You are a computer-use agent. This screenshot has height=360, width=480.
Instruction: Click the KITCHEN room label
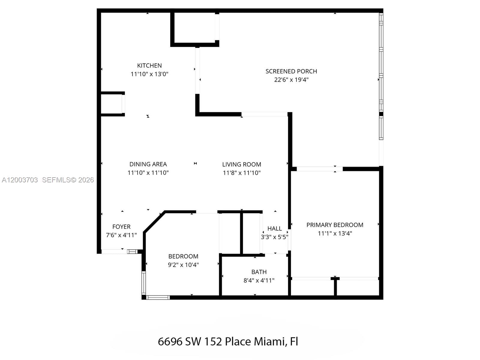[149, 65]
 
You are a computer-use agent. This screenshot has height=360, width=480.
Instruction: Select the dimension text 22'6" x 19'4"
[291, 80]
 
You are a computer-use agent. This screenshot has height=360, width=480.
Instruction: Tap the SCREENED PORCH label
[291, 71]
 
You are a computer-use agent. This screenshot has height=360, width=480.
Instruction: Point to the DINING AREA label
[148, 164]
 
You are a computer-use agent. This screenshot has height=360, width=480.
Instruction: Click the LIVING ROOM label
[241, 164]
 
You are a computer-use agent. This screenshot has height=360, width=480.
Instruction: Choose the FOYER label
[121, 227]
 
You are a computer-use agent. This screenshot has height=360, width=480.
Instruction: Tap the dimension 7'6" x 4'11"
[121, 235]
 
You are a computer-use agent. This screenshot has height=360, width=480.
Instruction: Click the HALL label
[274, 229]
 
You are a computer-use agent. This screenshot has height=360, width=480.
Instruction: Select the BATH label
[259, 272]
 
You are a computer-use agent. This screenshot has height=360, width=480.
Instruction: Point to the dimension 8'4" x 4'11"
[259, 280]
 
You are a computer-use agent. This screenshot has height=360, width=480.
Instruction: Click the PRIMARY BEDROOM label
[335, 225]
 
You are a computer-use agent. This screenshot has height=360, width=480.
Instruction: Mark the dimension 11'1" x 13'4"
[335, 233]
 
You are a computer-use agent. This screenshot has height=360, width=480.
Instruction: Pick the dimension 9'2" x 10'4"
[183, 265]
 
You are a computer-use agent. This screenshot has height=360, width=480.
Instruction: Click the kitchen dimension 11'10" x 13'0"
[149, 74]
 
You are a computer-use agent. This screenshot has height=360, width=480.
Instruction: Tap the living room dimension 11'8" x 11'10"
[241, 173]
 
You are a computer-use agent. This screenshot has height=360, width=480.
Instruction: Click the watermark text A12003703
[20, 180]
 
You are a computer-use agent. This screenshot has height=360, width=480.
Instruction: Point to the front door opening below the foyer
[114, 251]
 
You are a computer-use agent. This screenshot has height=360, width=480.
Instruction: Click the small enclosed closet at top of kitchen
[194, 28]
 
